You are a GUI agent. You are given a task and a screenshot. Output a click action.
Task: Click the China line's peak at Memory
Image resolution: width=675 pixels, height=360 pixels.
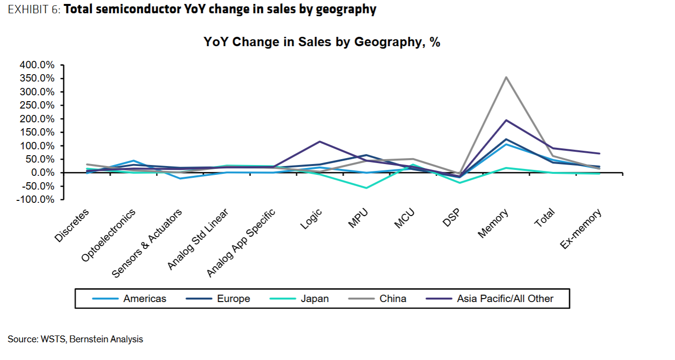506,77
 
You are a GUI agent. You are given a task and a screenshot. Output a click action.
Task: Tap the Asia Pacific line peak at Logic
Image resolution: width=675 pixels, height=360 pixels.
319,141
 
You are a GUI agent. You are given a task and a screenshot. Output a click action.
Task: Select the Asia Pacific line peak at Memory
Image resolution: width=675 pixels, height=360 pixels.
506,120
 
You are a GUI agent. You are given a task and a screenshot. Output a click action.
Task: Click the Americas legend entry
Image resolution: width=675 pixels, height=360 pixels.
144,299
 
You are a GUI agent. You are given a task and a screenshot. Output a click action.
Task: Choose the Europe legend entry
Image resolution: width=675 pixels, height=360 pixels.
233,299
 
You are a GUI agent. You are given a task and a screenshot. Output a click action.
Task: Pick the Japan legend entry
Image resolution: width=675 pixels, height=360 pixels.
315,299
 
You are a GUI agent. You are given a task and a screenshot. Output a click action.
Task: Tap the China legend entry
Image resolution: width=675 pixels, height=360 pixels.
393,299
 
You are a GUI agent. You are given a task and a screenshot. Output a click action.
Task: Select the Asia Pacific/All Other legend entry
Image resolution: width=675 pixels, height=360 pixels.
505,299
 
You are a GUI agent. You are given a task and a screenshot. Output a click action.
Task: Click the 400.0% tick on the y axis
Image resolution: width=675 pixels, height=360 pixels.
37,65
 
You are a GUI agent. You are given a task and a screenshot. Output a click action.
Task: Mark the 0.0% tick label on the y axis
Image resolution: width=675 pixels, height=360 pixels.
41,173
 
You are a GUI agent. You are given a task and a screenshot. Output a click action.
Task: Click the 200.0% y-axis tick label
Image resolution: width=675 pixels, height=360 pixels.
37,119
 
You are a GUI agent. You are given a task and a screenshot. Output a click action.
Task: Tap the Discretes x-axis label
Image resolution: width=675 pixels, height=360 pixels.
72,225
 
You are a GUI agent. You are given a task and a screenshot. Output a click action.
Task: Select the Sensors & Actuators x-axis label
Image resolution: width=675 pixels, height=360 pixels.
147,243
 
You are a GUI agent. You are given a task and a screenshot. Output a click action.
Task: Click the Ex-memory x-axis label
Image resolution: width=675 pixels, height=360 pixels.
581,229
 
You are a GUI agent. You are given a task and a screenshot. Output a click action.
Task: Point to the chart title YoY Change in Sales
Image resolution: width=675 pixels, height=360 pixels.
322,42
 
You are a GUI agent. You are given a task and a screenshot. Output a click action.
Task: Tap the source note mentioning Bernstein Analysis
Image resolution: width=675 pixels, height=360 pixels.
75,339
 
